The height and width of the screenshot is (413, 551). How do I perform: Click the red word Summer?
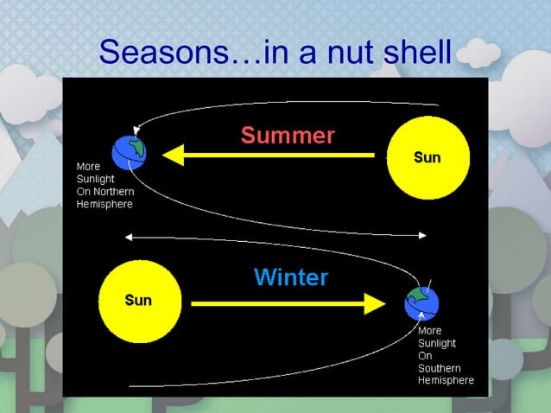coord(287,136)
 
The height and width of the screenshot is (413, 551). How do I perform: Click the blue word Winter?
coord(291,277)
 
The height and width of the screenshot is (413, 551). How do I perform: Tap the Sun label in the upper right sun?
coord(427,157)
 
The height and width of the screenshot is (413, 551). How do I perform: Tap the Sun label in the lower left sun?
coord(138,300)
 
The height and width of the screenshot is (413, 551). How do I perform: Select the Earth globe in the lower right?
coord(421,302)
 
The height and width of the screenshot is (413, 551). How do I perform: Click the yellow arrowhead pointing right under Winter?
coord(374,303)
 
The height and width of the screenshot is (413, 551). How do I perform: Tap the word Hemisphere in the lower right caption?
coord(446,380)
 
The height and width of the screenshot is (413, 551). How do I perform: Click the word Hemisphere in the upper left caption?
coord(104,205)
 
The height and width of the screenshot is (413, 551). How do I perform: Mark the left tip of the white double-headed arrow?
coord(128,235)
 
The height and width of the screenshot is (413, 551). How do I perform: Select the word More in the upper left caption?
coord(88,166)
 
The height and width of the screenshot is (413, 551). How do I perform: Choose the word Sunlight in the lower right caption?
coord(437,343)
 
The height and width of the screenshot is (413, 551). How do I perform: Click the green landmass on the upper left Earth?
coord(134,145)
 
